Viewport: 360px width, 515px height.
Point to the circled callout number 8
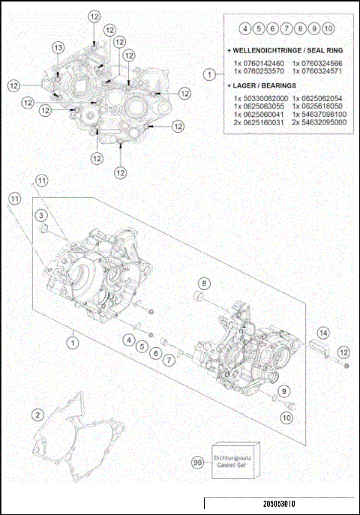(x=202, y=283)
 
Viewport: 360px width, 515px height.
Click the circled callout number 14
(x=322, y=332)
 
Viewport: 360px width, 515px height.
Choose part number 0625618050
(x=318, y=106)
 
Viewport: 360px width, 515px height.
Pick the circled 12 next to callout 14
(x=343, y=352)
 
